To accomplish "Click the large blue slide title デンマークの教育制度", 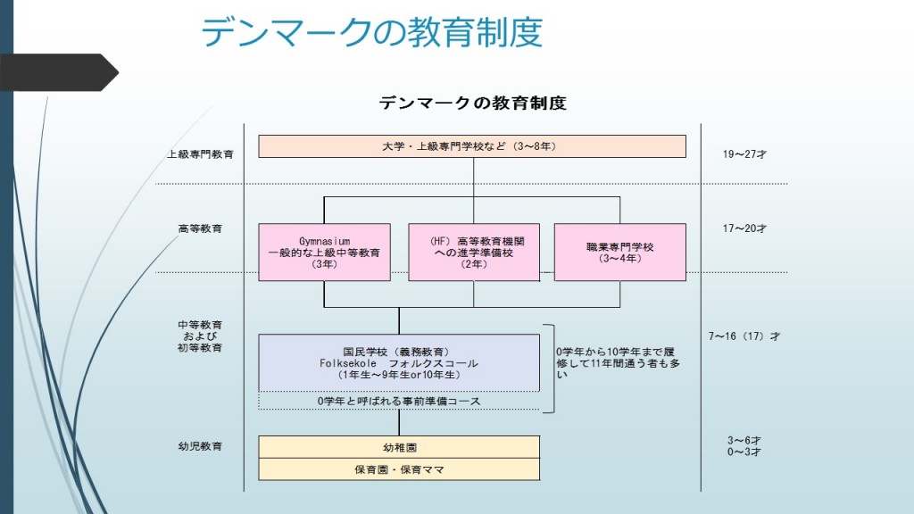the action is pos(372,31).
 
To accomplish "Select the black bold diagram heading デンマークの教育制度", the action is pos(473,104).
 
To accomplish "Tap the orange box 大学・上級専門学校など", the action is pos(472,146).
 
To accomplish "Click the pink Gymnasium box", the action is pos(324,253).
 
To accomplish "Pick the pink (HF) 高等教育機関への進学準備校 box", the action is pos(474,253).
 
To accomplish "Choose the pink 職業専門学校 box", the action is pos(619,253).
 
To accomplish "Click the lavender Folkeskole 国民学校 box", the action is pos(399,362).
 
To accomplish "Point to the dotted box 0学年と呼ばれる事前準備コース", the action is pos(399,401).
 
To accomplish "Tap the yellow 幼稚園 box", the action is pos(399,447).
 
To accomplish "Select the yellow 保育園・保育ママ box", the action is pos(399,469).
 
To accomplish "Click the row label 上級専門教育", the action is pos(200,154).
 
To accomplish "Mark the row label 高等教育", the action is pos(200,228).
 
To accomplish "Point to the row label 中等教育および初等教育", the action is pos(200,336).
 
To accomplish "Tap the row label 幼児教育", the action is pos(200,446).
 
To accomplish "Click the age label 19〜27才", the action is pos(744,154).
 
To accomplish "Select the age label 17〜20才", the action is pos(744,228).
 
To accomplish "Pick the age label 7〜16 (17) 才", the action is pos(744,336).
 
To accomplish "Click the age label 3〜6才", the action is pos(744,441).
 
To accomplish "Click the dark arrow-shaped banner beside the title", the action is pos(58,72).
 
